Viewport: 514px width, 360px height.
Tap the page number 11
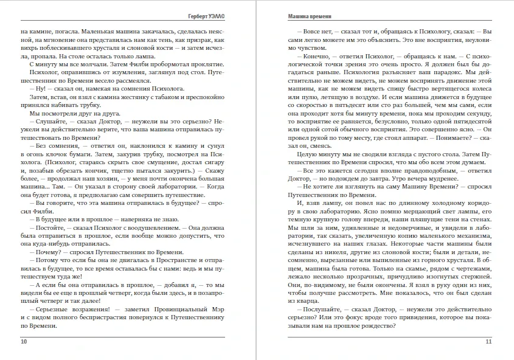488,342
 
